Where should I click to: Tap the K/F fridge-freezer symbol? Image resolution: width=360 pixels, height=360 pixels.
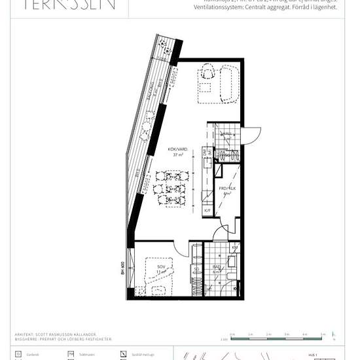(207, 211)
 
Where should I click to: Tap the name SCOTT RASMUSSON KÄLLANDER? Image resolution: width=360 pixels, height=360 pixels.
(69, 334)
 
